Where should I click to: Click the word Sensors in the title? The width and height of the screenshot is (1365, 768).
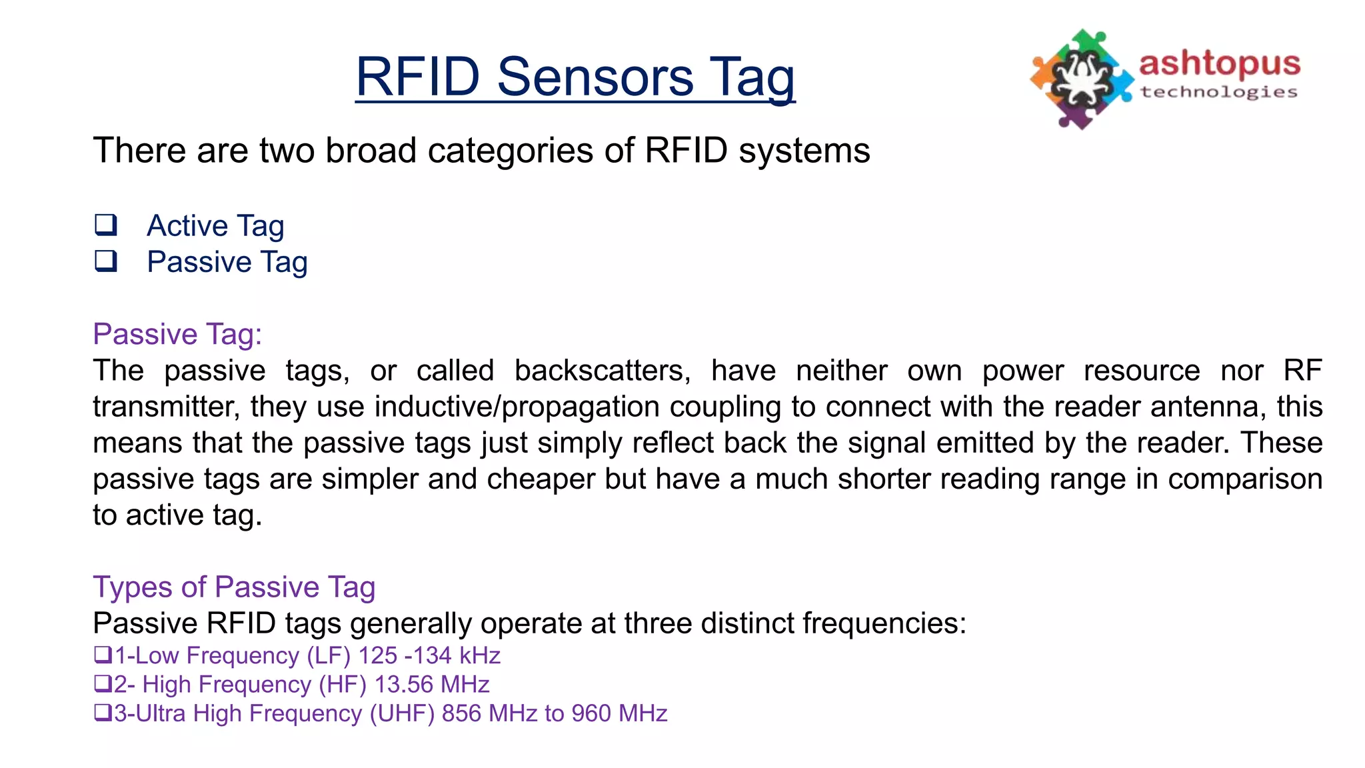[x=595, y=77]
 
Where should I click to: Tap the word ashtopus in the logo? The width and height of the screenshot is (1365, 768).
[x=1219, y=63]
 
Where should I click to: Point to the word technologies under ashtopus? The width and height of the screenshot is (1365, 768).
[x=1219, y=92]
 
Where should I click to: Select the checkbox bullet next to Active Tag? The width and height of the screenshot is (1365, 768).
[x=105, y=225]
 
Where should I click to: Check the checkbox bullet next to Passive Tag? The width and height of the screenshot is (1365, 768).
[x=105, y=261]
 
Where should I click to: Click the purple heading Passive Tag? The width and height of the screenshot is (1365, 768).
[x=177, y=334]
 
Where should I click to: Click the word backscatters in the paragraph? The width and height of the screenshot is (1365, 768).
[x=603, y=371]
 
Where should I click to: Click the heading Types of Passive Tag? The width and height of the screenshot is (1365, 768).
[x=234, y=587]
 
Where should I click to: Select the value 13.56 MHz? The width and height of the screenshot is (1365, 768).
[x=432, y=685]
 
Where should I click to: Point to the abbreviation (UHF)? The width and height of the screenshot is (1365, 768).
[x=402, y=713]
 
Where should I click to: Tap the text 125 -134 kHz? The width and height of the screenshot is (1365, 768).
[x=429, y=656]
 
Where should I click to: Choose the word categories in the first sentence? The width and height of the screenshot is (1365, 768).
[x=511, y=151]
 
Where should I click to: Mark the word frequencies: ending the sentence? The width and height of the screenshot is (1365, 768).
[x=884, y=623]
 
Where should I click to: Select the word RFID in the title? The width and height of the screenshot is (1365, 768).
[x=418, y=77]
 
